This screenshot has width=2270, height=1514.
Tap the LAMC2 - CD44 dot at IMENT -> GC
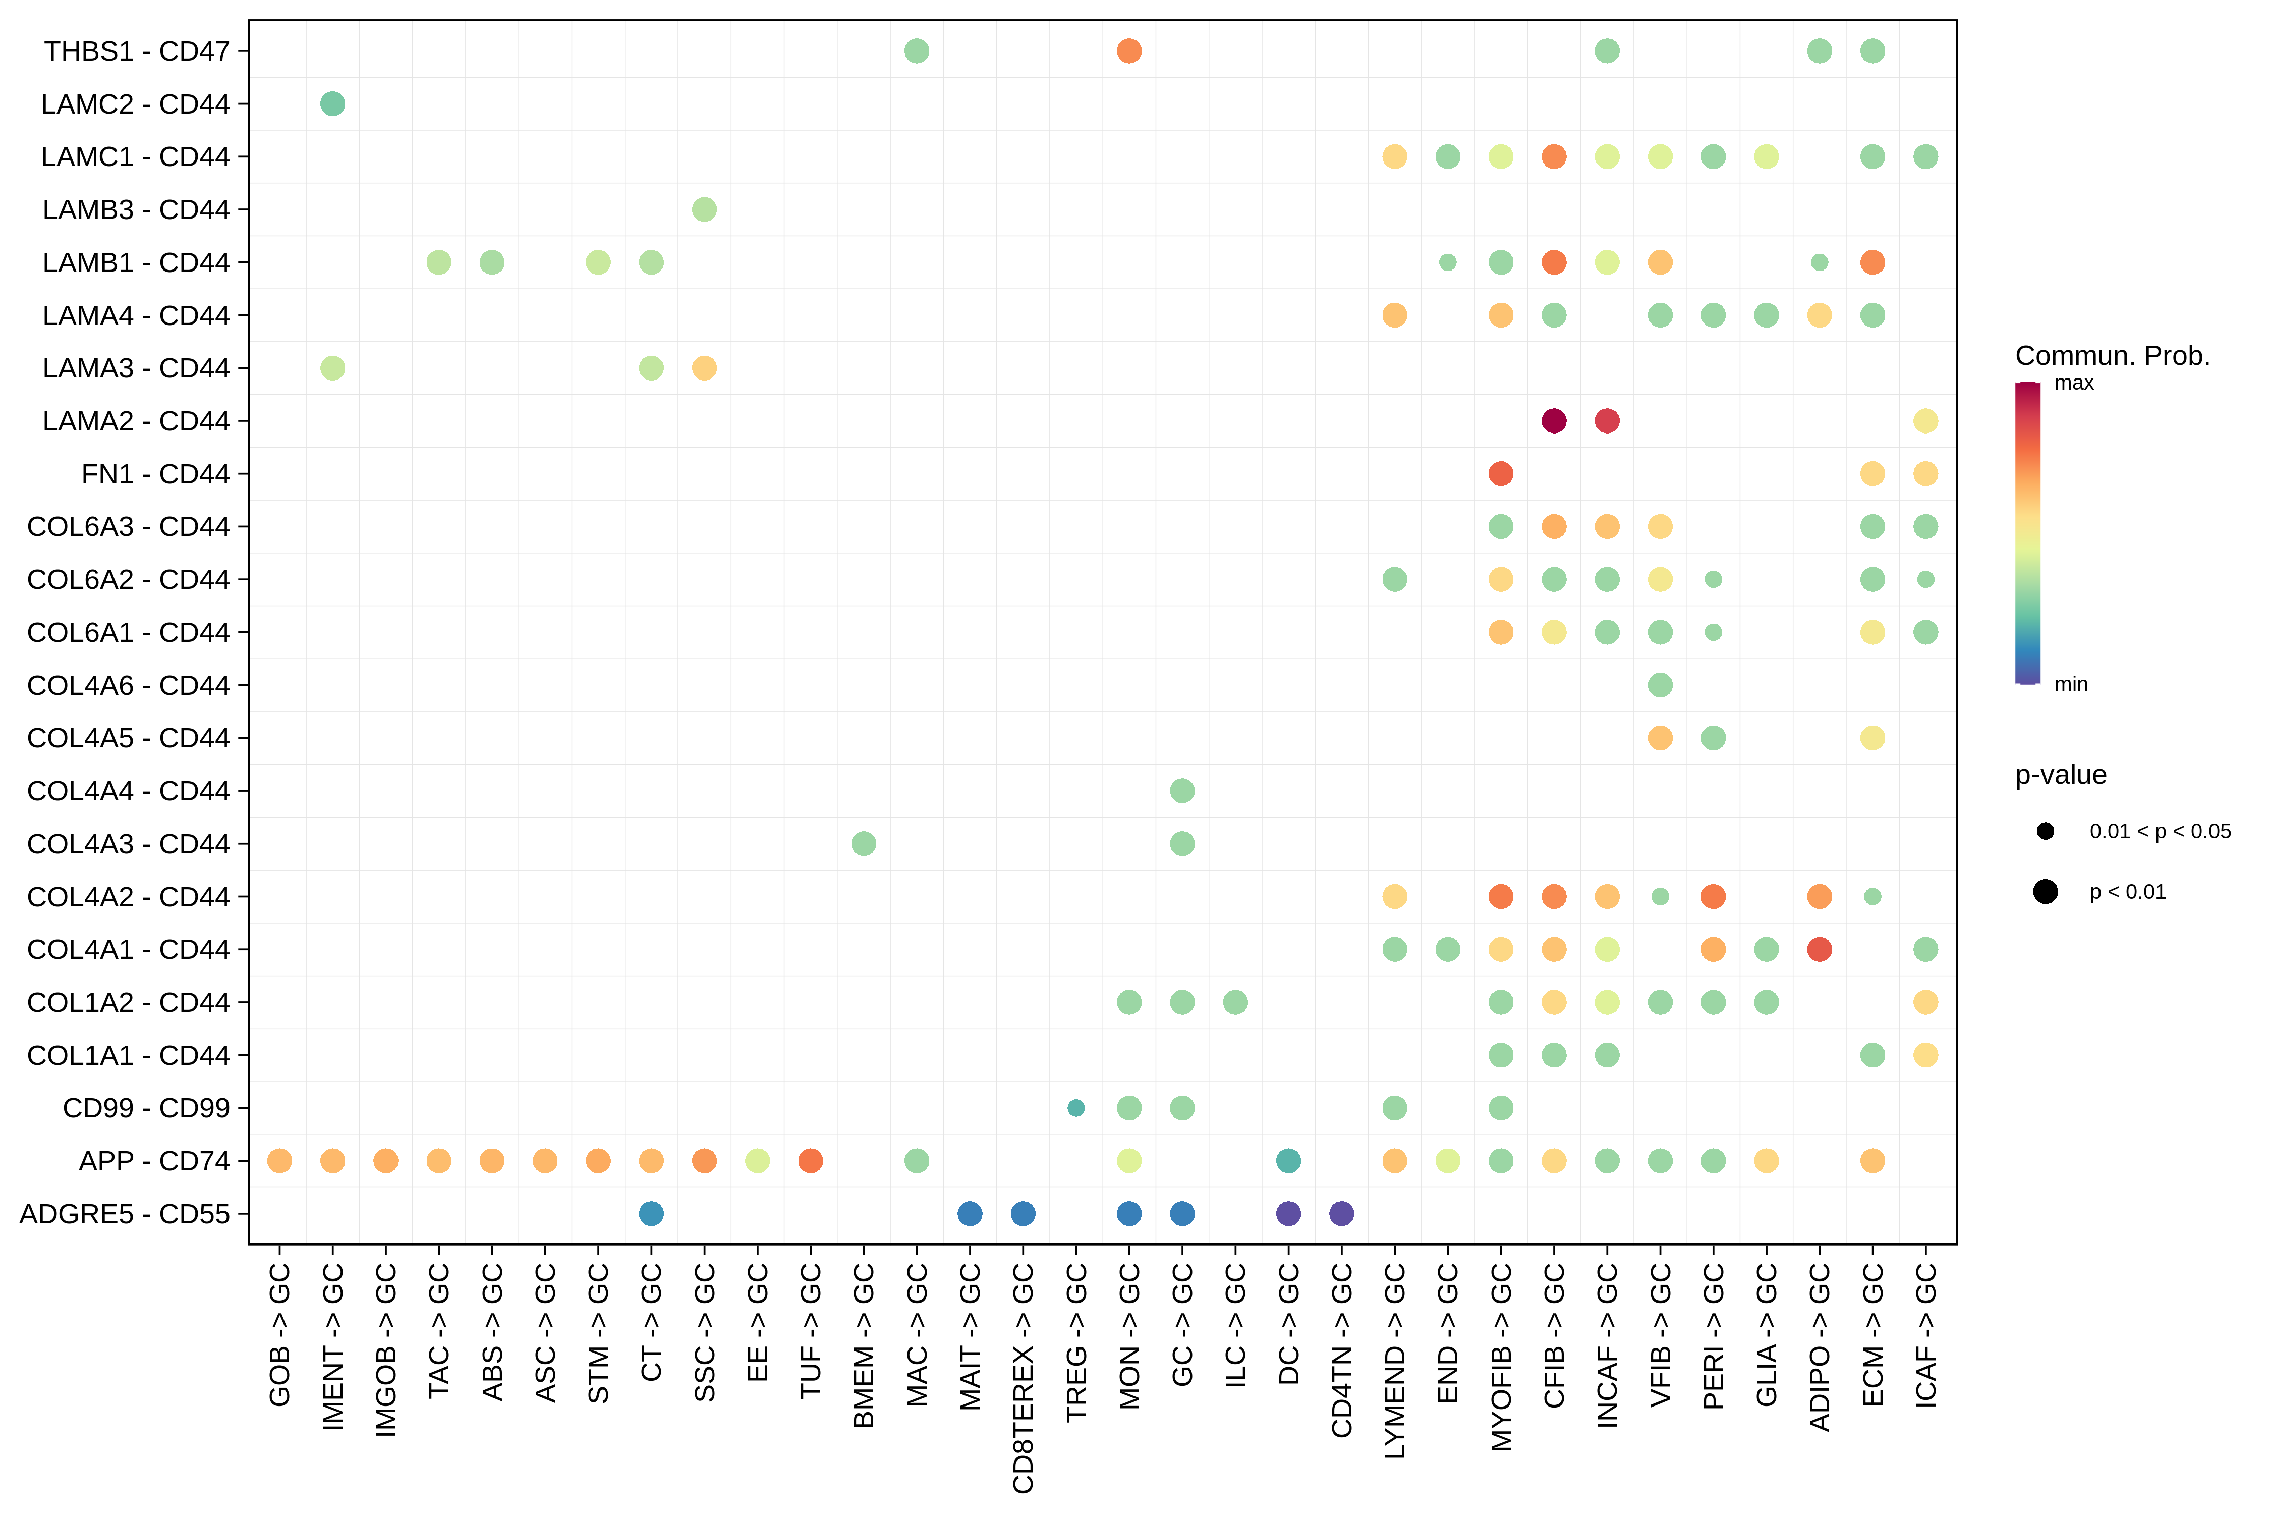(332, 103)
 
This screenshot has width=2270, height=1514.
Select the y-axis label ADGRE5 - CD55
(125, 1214)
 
